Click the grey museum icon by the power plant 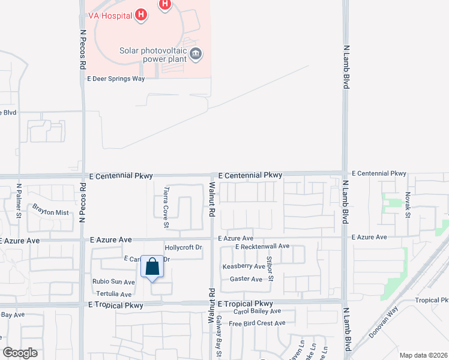click(195, 55)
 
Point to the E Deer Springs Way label click(116, 79)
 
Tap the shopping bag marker click(152, 267)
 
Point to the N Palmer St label click(19, 200)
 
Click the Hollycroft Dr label click(184, 247)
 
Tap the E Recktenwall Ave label click(262, 247)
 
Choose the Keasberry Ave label click(243, 266)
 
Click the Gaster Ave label click(246, 279)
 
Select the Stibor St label click(270, 268)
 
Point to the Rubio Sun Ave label click(113, 281)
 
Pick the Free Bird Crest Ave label click(257, 323)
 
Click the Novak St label click(408, 204)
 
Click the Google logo click(20, 353)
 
